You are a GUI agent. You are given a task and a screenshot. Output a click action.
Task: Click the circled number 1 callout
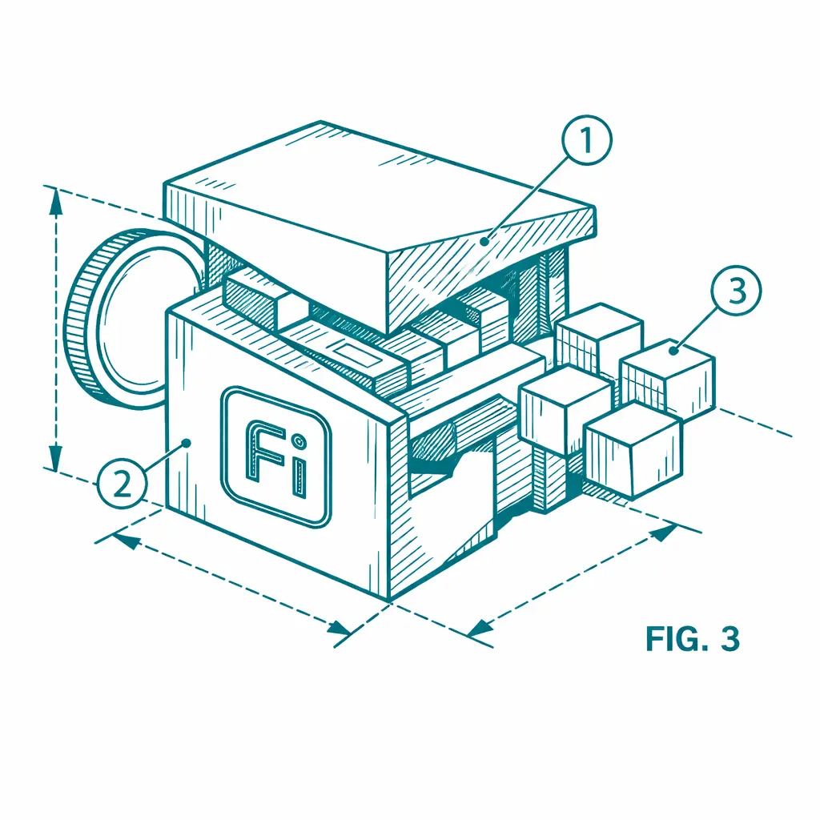587,140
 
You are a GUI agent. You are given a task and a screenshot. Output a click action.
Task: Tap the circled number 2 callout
122,484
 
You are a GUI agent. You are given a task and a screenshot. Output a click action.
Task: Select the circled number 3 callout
737,291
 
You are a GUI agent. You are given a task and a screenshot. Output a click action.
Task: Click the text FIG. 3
693,638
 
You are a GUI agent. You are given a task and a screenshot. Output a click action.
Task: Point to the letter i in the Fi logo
298,466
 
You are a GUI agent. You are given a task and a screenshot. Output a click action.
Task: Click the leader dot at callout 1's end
484,241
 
